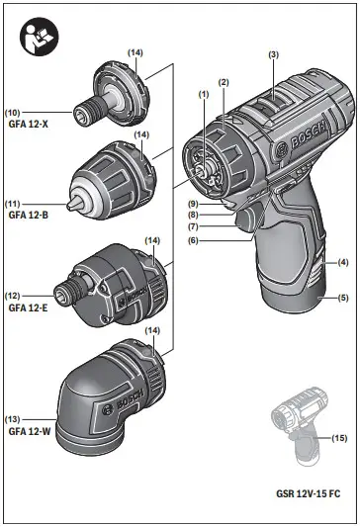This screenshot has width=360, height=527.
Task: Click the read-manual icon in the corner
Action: tap(40, 37)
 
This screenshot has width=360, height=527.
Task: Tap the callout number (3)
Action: tap(274, 54)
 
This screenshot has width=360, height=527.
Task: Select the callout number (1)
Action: tap(204, 95)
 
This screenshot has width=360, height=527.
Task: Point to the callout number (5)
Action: tap(343, 298)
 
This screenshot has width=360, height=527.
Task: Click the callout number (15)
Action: tap(339, 438)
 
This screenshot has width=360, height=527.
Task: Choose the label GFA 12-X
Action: tap(29, 124)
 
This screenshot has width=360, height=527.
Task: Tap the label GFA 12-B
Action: tap(29, 215)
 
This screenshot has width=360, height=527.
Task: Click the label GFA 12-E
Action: tap(28, 307)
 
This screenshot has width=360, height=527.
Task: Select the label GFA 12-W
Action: tap(30, 431)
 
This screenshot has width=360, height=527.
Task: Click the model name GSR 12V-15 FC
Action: tap(309, 493)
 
